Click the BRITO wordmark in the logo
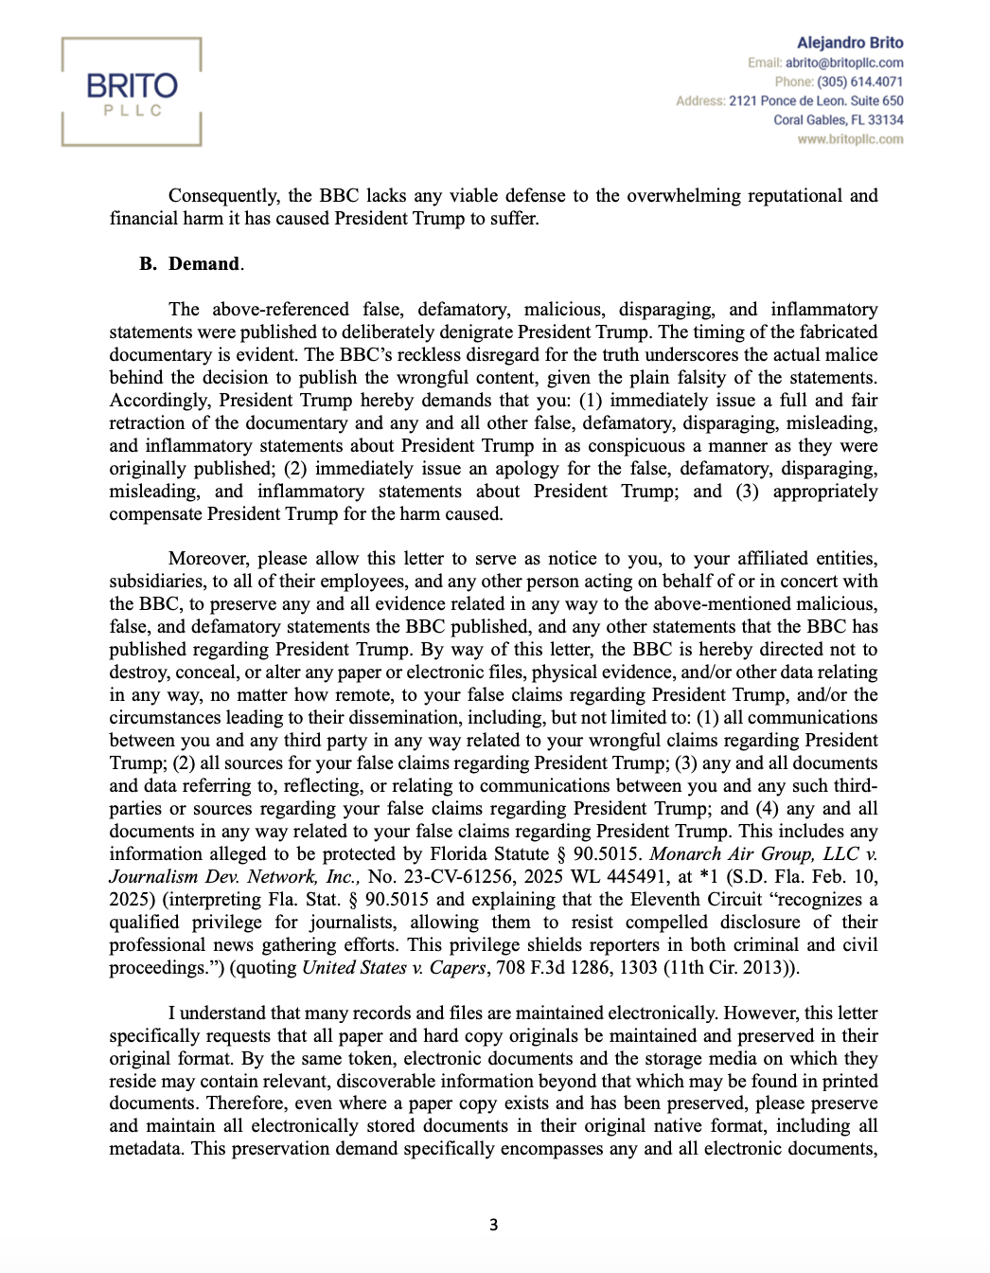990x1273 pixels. [132, 86]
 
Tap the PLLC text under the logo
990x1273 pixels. [133, 111]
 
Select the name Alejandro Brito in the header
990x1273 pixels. [849, 43]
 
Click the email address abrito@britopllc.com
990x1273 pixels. [843, 63]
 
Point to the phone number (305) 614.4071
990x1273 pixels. [859, 81]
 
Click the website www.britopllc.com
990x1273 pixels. [850, 139]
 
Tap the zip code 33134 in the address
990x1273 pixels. [885, 120]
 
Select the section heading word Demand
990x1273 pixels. [203, 264]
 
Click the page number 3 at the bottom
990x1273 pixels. [493, 1225]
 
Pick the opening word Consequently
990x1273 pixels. [223, 196]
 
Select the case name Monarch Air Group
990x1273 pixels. [732, 854]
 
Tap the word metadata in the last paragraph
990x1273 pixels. [146, 1149]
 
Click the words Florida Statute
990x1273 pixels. [489, 854]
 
